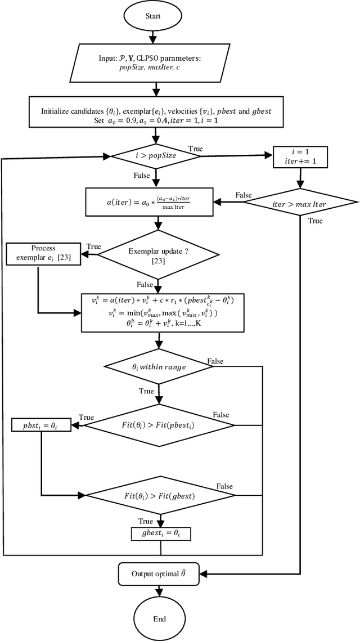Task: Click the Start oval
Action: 153,17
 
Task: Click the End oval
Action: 159,618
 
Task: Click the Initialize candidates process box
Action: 156,115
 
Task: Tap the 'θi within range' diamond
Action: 159,367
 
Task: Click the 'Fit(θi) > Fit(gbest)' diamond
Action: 159,496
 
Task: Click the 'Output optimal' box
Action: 160,574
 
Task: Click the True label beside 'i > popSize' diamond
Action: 196,149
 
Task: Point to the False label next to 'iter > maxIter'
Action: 244,195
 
